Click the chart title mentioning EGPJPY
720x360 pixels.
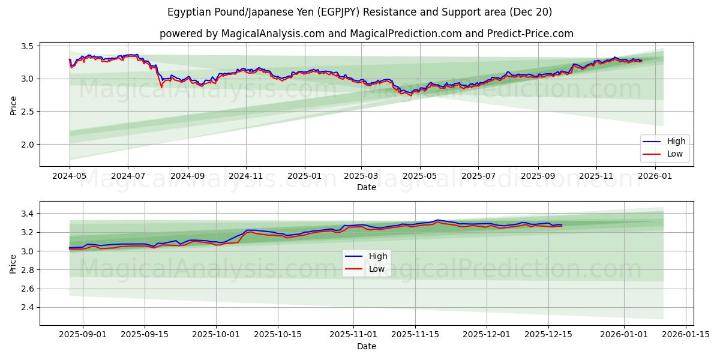click(360, 12)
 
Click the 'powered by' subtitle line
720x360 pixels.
click(366, 34)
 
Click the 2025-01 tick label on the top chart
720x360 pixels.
click(304, 176)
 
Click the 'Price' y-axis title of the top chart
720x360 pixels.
click(13, 106)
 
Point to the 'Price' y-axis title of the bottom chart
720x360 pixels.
click(13, 263)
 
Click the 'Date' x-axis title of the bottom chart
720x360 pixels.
click(367, 346)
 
